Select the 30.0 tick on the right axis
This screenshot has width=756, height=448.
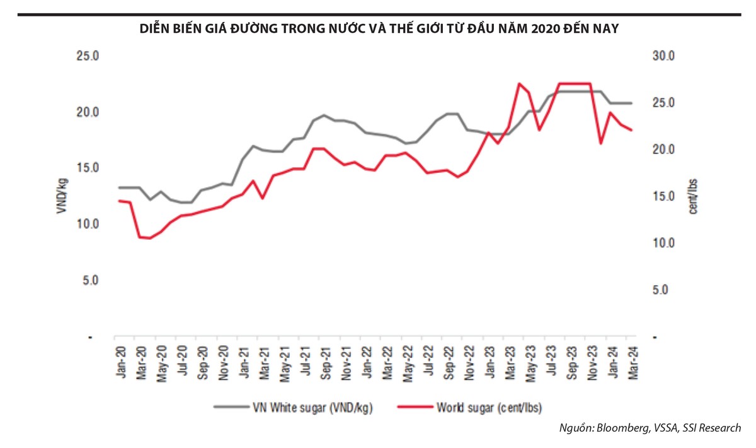coord(664,56)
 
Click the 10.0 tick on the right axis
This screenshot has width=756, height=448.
coord(664,243)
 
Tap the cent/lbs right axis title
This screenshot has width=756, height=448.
coord(692,196)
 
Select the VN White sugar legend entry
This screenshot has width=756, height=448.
coord(295,407)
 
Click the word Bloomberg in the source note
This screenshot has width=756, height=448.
coord(619,428)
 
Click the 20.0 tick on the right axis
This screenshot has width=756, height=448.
coord(664,150)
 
